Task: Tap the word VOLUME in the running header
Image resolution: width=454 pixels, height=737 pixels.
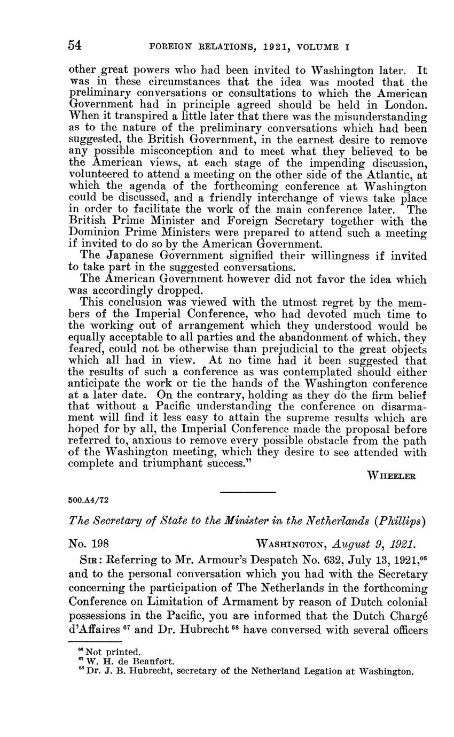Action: [317, 47]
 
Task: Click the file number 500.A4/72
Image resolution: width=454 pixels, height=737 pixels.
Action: [89, 501]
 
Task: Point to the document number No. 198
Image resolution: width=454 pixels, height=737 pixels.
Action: [89, 544]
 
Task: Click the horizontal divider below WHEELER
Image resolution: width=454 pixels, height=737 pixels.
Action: [248, 492]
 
